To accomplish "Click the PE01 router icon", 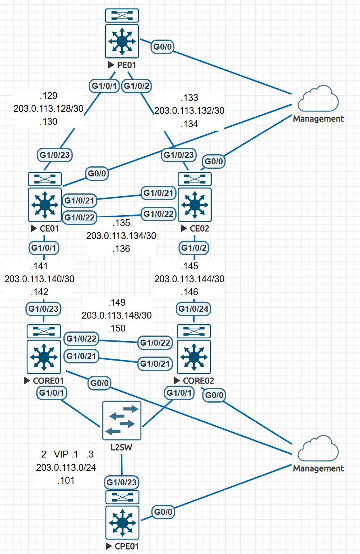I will [x=122, y=40].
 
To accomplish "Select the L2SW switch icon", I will [x=122, y=420].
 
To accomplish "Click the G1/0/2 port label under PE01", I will [x=137, y=86].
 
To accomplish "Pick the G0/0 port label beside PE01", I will [x=163, y=47].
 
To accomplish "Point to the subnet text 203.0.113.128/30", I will [x=48, y=109].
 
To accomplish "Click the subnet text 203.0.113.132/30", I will [x=189, y=111].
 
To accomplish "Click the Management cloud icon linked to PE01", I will [x=318, y=99].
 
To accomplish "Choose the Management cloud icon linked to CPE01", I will [x=318, y=449].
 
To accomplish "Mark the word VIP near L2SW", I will [x=61, y=455].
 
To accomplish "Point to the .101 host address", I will [x=66, y=481].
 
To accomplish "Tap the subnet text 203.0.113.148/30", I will [x=117, y=315].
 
